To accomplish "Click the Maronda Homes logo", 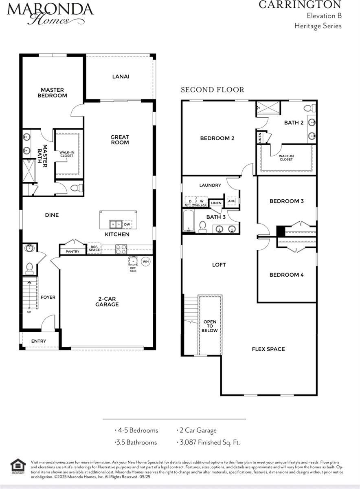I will pyautogui.click(x=50, y=13).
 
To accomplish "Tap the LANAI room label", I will pyautogui.click(x=121, y=76).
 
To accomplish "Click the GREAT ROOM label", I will pyautogui.click(x=120, y=140).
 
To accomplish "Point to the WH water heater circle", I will pyautogui.click(x=145, y=261).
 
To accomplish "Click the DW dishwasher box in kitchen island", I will pyautogui.click(x=127, y=224).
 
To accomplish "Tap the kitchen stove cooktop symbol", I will pyautogui.click(x=121, y=249).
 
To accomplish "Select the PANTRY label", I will pyautogui.click(x=72, y=251).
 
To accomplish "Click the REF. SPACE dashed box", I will pyautogui.click(x=94, y=249).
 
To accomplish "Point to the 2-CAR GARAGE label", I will pyautogui.click(x=107, y=302).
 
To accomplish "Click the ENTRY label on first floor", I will pyautogui.click(x=39, y=341).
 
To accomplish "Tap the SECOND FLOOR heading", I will pyautogui.click(x=213, y=90).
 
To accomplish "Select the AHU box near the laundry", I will pyautogui.click(x=232, y=201).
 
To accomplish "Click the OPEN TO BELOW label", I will pyautogui.click(x=210, y=326).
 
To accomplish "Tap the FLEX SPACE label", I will pyautogui.click(x=268, y=349).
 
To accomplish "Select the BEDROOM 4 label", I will pyautogui.click(x=286, y=275).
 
